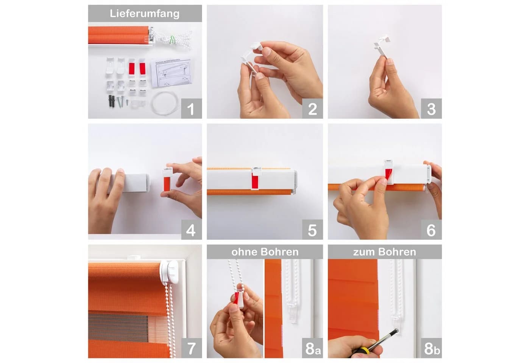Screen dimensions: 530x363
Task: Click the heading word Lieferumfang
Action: [x=145, y=14]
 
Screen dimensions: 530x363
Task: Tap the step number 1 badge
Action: [x=192, y=109]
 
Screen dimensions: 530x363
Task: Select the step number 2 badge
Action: [x=312, y=109]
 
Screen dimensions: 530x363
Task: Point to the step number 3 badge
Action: [x=431, y=109]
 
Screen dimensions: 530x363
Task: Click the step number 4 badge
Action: [x=192, y=230]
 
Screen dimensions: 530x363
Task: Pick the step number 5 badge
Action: [x=312, y=230]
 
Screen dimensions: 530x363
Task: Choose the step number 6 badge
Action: [x=431, y=230]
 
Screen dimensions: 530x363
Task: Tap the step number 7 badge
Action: [x=192, y=348]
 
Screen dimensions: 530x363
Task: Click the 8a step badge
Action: [x=312, y=348]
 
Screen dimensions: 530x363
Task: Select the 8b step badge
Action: [x=431, y=348]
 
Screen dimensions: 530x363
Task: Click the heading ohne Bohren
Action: [x=265, y=252]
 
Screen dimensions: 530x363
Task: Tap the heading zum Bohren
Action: [x=385, y=252]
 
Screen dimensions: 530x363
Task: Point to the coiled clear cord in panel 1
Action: [x=164, y=102]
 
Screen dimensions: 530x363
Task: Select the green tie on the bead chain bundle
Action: [x=172, y=40]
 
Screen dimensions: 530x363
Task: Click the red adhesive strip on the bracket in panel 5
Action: [x=255, y=181]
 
